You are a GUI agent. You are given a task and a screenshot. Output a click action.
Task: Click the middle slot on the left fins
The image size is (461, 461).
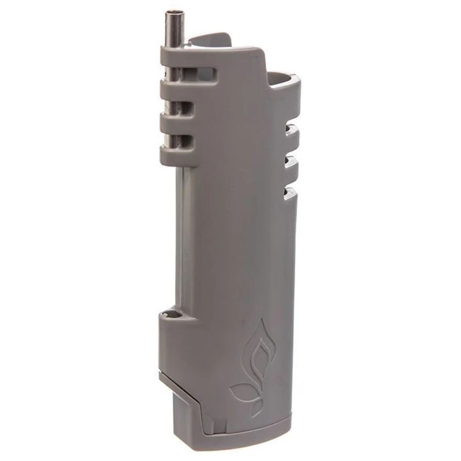184,107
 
